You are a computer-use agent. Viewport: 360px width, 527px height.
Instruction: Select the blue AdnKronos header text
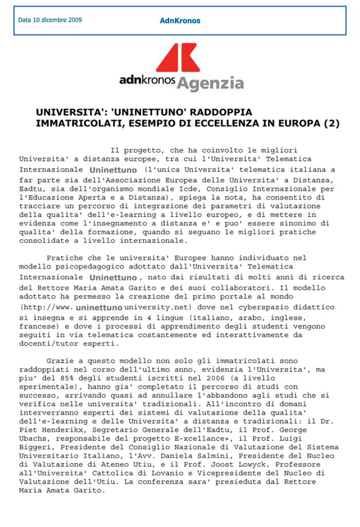(179, 21)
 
